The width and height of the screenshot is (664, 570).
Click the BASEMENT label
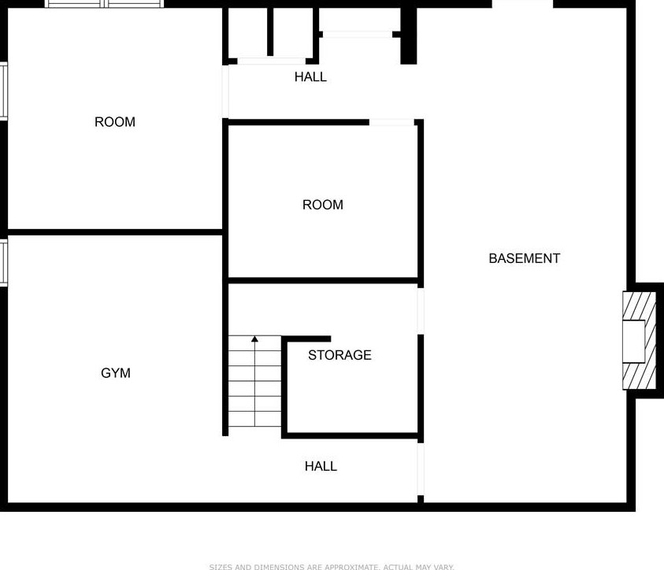tap(524, 258)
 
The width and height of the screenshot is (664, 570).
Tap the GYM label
tap(116, 373)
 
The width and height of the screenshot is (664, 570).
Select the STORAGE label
tap(339, 355)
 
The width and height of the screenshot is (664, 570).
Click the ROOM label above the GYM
tap(115, 122)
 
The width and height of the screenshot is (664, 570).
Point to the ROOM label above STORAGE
tap(323, 205)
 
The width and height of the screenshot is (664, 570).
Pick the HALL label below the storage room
tap(321, 466)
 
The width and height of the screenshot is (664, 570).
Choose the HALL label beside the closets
tap(310, 77)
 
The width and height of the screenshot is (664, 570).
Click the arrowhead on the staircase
tap(255, 339)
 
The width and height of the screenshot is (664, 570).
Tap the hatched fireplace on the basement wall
tap(640, 340)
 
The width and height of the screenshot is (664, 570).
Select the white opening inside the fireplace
tap(633, 340)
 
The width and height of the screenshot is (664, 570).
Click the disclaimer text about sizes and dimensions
tap(332, 566)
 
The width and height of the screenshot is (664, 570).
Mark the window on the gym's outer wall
tap(3, 263)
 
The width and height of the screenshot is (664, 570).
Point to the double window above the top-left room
tap(105, 4)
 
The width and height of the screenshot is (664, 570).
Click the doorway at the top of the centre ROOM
tap(392, 122)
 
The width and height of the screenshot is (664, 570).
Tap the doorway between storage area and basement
tap(421, 309)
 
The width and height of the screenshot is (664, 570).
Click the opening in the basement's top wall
tap(522, 4)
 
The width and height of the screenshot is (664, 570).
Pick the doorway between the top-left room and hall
tap(225, 91)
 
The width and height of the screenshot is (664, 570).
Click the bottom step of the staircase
tap(255, 419)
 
